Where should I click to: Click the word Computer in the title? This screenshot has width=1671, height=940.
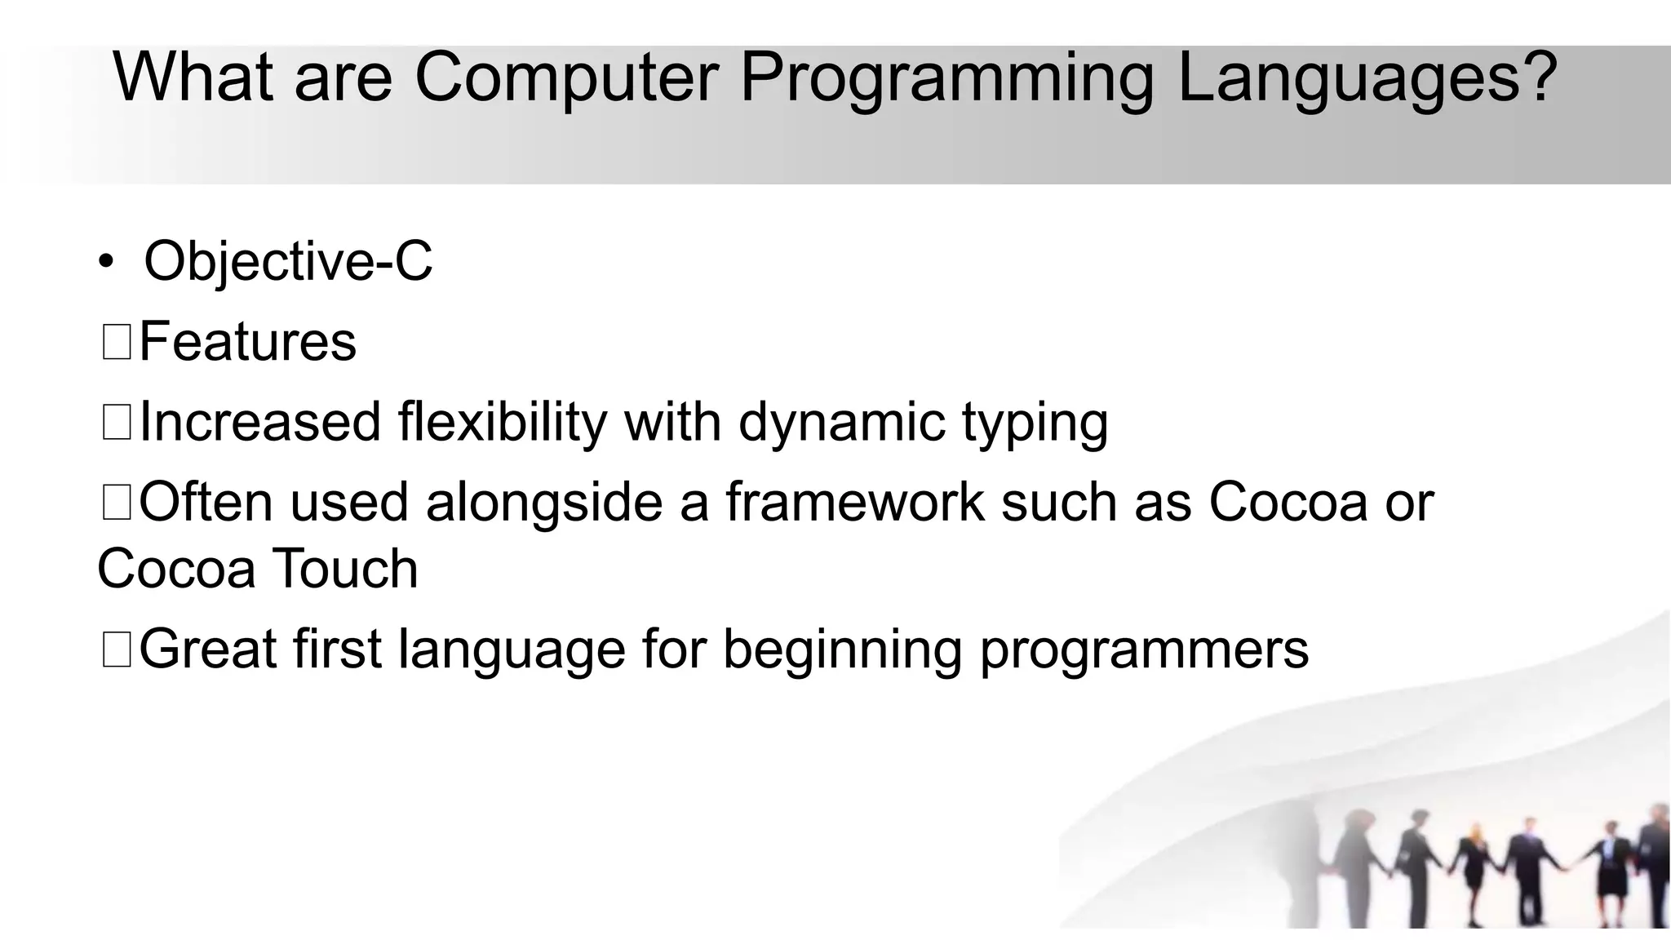(566, 78)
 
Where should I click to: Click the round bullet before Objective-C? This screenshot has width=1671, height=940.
(105, 262)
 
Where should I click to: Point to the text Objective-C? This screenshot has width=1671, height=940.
(288, 261)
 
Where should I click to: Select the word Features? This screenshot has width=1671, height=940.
(248, 341)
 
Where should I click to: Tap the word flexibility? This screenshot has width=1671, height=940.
(502, 423)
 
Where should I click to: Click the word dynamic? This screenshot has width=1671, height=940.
(841, 423)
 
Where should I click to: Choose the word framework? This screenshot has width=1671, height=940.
(854, 502)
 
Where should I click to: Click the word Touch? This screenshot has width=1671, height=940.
(344, 569)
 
